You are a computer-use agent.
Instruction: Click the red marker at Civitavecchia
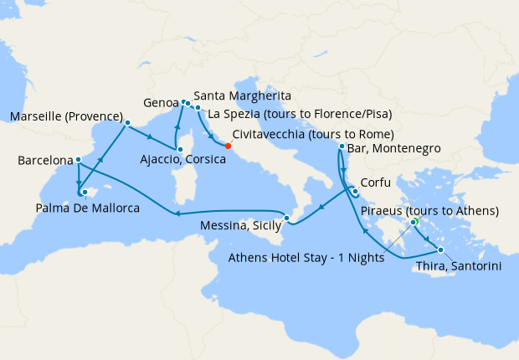(228, 146)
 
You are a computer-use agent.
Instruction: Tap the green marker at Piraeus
(414, 222)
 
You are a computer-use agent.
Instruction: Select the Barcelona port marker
(78, 160)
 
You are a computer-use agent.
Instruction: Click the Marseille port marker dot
(127, 123)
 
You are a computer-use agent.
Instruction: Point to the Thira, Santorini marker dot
(440, 249)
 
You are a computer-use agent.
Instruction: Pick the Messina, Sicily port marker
(287, 219)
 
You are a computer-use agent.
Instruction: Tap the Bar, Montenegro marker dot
(342, 147)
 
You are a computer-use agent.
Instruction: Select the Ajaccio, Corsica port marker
(178, 151)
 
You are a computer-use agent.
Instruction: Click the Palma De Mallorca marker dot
(84, 192)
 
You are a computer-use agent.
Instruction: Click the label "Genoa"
(160, 101)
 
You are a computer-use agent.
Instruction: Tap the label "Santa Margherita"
(243, 96)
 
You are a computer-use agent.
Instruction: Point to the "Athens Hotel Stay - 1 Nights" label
(306, 258)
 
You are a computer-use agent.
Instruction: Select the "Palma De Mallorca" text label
(89, 208)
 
